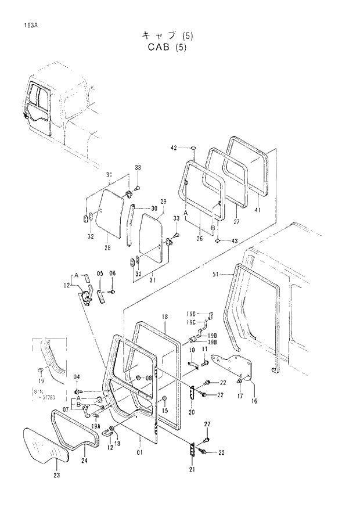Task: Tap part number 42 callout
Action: coord(174,148)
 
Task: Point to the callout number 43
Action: coord(234,240)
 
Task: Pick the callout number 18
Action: coord(165,317)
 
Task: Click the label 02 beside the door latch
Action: coord(67,285)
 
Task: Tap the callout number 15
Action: coord(165,412)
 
